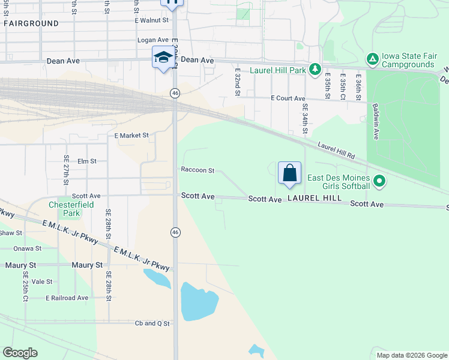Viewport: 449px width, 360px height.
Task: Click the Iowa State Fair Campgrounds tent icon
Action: pos(372,58)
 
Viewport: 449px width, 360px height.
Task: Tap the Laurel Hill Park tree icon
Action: pos(315,70)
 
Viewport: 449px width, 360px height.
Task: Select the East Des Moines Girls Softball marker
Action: pos(379,181)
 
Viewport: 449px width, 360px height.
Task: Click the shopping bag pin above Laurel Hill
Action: pos(289,173)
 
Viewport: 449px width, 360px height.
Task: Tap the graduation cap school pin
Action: pos(163,58)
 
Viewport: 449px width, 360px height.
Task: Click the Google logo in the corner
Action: pos(20,353)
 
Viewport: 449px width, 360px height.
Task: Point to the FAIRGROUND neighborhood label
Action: pos(31,23)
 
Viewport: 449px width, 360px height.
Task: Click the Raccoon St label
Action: pos(198,170)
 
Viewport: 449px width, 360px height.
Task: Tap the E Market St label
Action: pos(131,136)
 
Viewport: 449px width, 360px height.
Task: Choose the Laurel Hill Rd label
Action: pos(337,151)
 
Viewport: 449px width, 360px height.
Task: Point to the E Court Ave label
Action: pos(288,98)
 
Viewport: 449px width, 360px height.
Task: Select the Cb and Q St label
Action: pos(152,323)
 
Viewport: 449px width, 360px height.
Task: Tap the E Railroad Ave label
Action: pos(67,298)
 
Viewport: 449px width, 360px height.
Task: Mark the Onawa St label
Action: pos(28,248)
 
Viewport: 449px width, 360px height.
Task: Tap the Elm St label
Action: pos(87,161)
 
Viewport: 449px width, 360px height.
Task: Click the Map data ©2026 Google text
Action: pos(411,355)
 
